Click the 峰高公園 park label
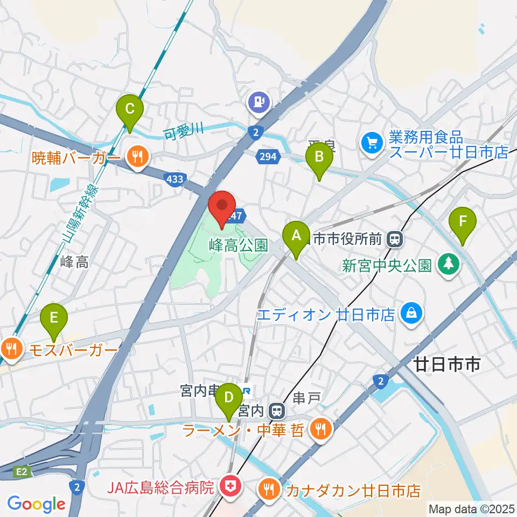[x=239, y=246]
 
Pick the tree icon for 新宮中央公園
[x=448, y=264]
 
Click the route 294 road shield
[x=270, y=157]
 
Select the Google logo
[x=37, y=505]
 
